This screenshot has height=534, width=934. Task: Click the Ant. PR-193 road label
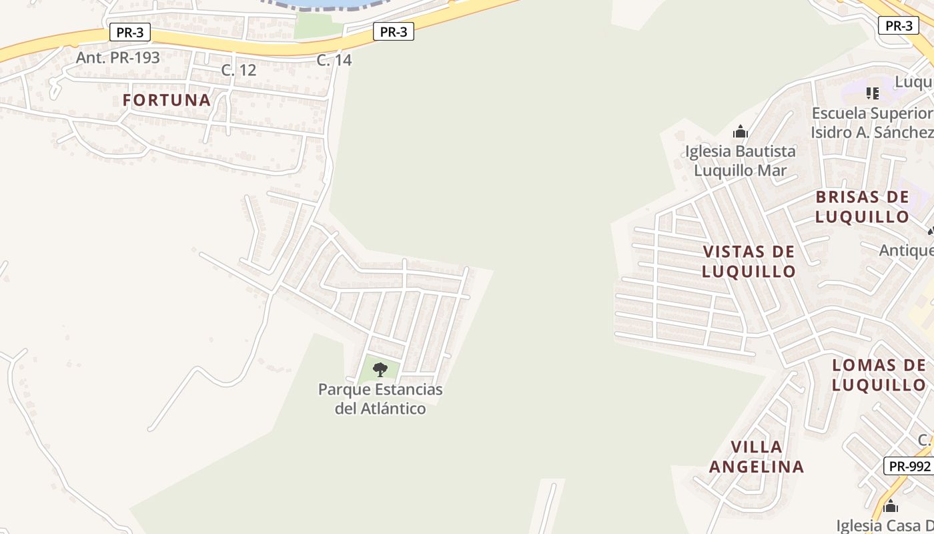tap(117, 57)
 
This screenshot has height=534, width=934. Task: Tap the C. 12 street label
tap(238, 70)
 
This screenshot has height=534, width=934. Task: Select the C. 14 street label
tap(334, 60)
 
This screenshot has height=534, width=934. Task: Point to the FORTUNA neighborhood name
tap(167, 100)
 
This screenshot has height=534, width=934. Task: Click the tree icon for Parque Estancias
tap(380, 369)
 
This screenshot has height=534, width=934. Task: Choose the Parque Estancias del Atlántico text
tap(380, 398)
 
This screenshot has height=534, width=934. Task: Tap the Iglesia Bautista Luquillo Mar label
tap(741, 161)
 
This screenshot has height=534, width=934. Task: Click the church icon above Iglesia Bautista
tap(740, 131)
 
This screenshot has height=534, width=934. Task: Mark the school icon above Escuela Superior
tap(872, 93)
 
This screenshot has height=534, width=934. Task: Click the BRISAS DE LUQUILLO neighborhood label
tap(862, 207)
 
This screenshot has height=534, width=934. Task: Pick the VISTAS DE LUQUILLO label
tap(749, 261)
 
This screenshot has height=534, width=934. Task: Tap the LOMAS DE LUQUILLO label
tap(879, 374)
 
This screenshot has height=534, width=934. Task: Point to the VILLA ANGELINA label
tap(757, 457)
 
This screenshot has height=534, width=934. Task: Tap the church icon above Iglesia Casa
tap(891, 507)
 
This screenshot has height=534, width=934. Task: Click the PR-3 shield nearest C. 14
tap(393, 31)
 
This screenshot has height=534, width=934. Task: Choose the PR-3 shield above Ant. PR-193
tap(129, 32)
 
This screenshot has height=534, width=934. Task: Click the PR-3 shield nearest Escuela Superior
tap(898, 26)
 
